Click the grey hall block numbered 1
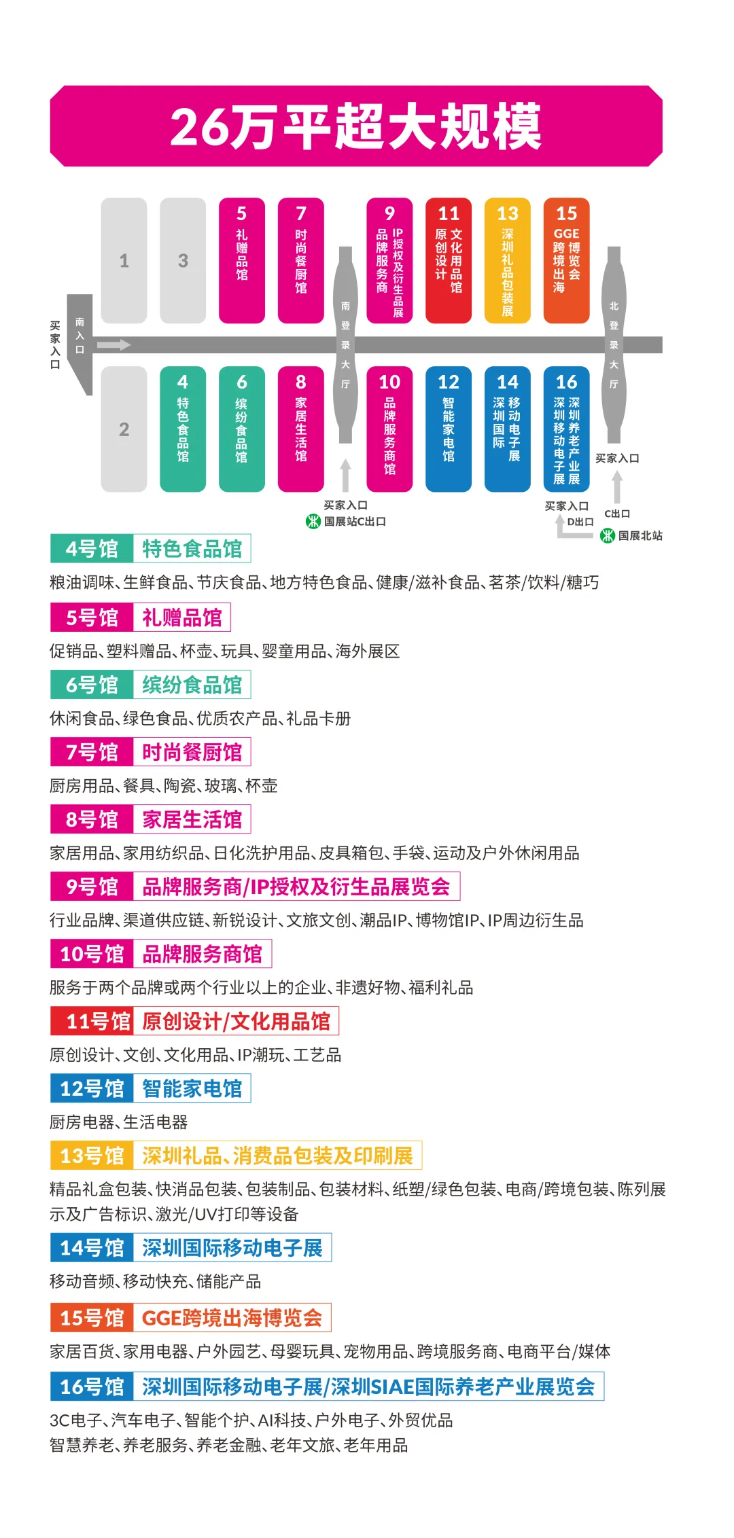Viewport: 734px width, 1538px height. pyautogui.click(x=124, y=261)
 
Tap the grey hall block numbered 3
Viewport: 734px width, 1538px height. pyautogui.click(x=183, y=261)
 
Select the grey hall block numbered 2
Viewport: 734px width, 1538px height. pyautogui.click(x=124, y=429)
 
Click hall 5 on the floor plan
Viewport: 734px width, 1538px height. pyautogui.click(x=242, y=261)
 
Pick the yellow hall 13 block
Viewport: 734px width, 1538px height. pyautogui.click(x=507, y=261)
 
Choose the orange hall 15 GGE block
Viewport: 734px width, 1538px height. pyautogui.click(x=566, y=261)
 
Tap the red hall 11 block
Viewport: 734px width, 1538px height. pyautogui.click(x=449, y=261)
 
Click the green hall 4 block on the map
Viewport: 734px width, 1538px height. pyautogui.click(x=183, y=429)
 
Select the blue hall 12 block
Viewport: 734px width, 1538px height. pyautogui.click(x=449, y=429)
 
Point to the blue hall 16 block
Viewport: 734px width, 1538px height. pyautogui.click(x=566, y=429)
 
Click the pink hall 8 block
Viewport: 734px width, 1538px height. pyautogui.click(x=301, y=429)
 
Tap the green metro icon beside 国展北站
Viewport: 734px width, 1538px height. pyautogui.click(x=608, y=536)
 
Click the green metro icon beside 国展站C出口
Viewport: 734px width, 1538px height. pyautogui.click(x=313, y=522)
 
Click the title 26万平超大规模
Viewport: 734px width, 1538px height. pyautogui.click(x=355, y=126)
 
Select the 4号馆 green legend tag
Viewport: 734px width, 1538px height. pyautogui.click(x=92, y=549)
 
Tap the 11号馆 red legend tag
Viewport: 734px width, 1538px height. pyautogui.click(x=92, y=1021)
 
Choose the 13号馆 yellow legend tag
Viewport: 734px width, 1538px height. pyautogui.click(x=92, y=1156)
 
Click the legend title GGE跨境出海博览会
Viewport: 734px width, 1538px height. pyautogui.click(x=232, y=1318)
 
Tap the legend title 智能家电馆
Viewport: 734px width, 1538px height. pyautogui.click(x=192, y=1088)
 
